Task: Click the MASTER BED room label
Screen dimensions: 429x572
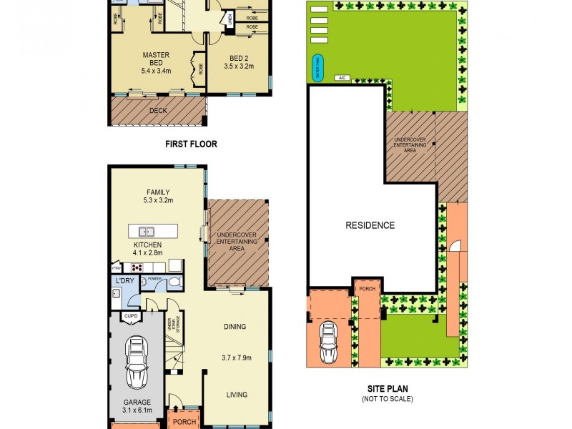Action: [155, 55]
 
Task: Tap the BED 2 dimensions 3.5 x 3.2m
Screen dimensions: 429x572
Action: [240, 66]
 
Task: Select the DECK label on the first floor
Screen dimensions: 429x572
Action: [157, 111]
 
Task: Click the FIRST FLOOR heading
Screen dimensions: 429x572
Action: [191, 144]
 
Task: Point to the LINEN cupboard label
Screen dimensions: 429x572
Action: [229, 19]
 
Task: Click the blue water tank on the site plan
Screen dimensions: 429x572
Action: [316, 68]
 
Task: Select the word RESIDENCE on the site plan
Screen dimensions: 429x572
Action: [370, 225]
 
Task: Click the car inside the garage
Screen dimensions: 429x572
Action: [137, 362]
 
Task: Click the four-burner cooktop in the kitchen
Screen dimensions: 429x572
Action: [136, 267]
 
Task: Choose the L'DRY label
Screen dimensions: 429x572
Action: [124, 280]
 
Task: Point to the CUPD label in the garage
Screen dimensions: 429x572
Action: [131, 315]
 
